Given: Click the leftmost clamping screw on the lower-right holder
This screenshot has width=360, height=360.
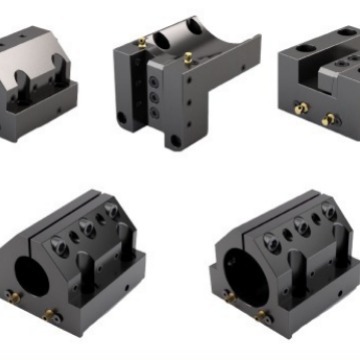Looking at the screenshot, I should tap(270, 240).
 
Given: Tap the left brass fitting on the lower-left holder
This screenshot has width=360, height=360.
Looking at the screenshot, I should tap(13, 296).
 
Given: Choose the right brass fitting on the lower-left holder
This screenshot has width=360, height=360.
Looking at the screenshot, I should tap(51, 315).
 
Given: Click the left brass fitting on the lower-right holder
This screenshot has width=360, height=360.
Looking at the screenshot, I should tap(229, 295).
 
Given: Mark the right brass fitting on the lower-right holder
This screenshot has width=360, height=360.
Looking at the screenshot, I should tap(263, 316).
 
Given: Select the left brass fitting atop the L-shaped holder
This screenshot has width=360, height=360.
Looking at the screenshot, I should tap(142, 43).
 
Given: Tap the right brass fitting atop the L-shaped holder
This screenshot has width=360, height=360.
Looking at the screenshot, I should tap(187, 57).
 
